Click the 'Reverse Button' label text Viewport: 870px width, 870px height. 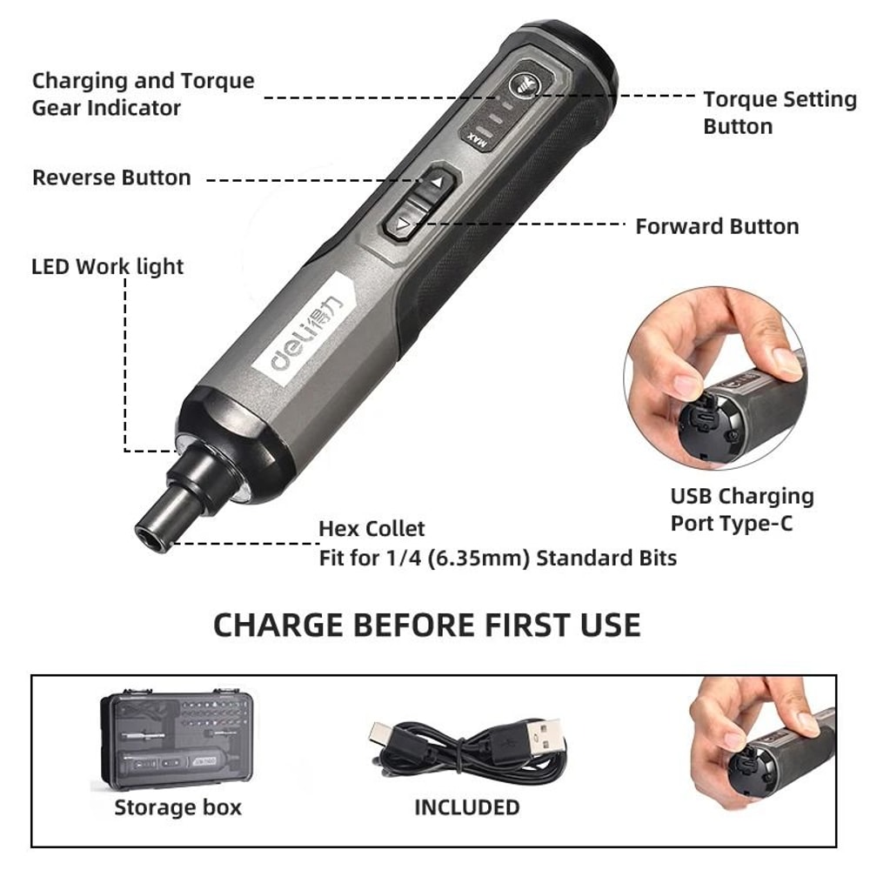[111, 177]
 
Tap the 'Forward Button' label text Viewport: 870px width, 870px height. [717, 226]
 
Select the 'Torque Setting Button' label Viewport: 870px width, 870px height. [780, 113]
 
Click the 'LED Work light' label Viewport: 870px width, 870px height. [108, 266]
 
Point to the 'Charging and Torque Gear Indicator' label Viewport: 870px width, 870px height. [143, 94]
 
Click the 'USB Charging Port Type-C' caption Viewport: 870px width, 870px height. [741, 510]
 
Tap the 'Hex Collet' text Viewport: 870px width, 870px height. [371, 528]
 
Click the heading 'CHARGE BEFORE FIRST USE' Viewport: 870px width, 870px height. [426, 625]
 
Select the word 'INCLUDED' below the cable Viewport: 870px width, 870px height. [466, 807]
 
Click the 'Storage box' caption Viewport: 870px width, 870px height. [177, 807]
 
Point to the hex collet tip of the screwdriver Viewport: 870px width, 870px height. [152, 528]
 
